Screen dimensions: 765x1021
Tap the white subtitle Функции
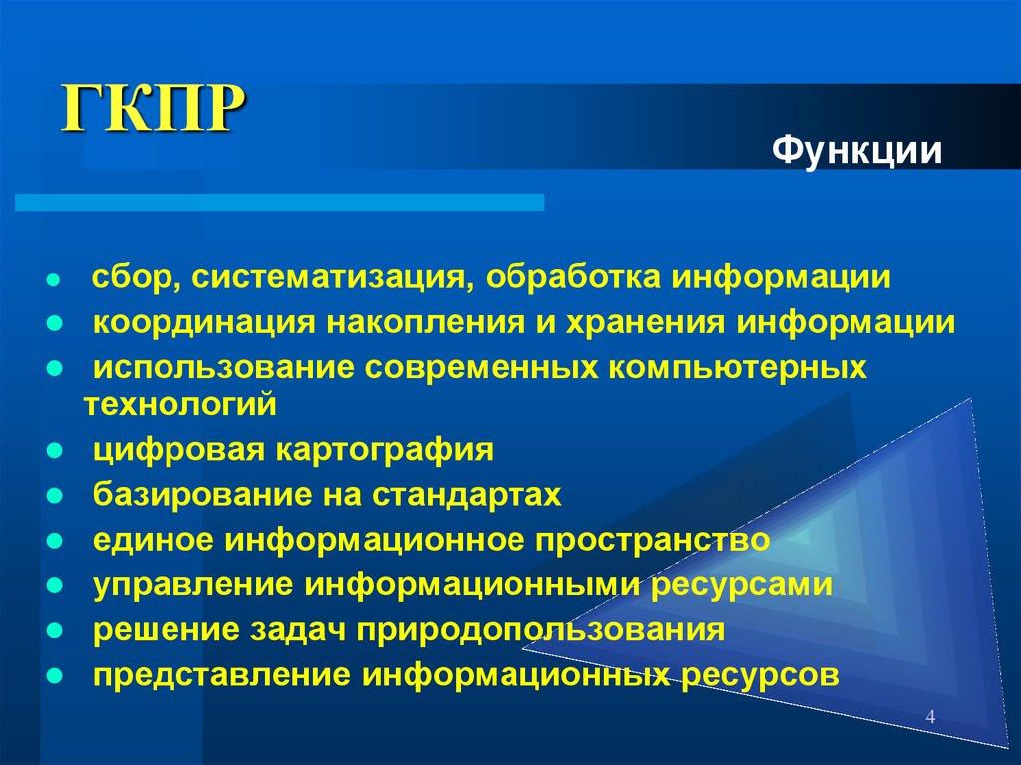[857, 152]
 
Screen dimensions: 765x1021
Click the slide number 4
[930, 717]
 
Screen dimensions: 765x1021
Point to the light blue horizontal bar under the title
[279, 203]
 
